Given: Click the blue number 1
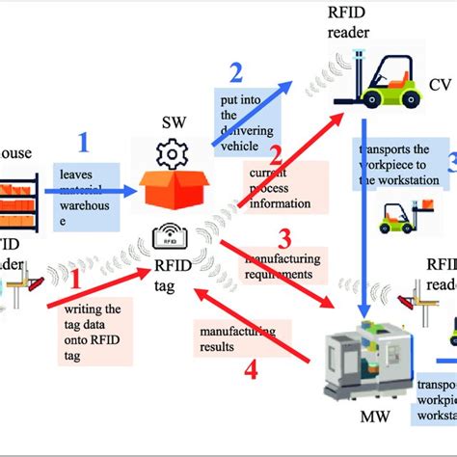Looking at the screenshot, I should tap(82, 143).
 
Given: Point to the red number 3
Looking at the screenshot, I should tap(283, 237).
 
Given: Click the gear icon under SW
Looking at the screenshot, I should tap(174, 153).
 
